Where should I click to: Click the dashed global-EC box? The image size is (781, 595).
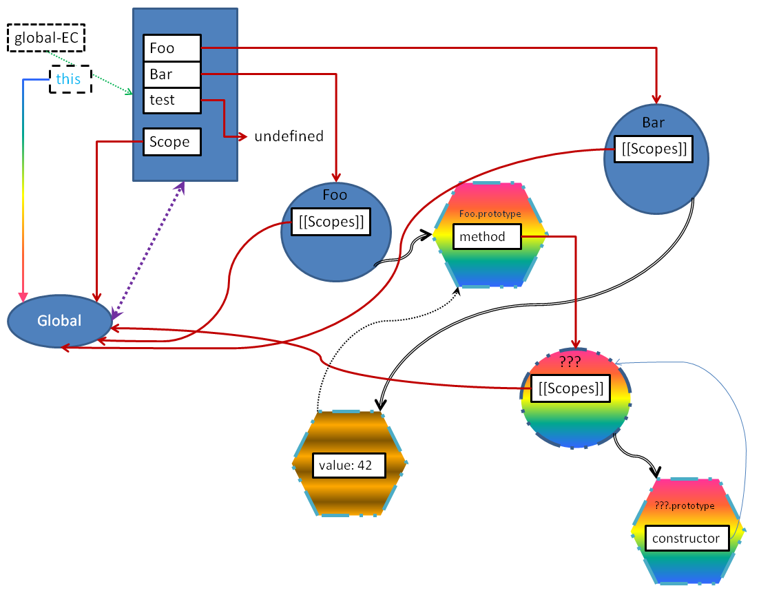point(46,38)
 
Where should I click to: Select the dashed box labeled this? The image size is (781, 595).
point(70,79)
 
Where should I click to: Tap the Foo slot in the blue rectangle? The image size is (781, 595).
point(172,48)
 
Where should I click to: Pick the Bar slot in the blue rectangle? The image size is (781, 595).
point(172,74)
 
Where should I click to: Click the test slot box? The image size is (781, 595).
point(172,100)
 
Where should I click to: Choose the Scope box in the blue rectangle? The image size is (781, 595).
point(172,142)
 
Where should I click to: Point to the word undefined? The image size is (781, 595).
point(289,136)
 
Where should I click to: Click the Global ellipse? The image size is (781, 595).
point(60,321)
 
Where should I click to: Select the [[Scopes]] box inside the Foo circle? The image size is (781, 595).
point(331,222)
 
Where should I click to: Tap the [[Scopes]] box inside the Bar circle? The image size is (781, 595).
point(654,149)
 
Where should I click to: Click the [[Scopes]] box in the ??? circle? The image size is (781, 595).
point(571,388)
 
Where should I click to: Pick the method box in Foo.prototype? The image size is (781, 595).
point(487,236)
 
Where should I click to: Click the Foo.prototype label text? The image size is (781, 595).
point(490,213)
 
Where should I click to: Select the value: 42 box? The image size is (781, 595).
point(349,466)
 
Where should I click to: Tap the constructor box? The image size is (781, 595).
point(687,539)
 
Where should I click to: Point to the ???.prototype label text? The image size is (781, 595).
point(685,506)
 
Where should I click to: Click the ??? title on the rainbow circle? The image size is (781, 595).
point(570,362)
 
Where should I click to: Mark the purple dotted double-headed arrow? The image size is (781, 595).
point(148,251)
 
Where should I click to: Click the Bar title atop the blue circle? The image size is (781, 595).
point(653,123)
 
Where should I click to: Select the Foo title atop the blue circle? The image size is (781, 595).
point(335,195)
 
